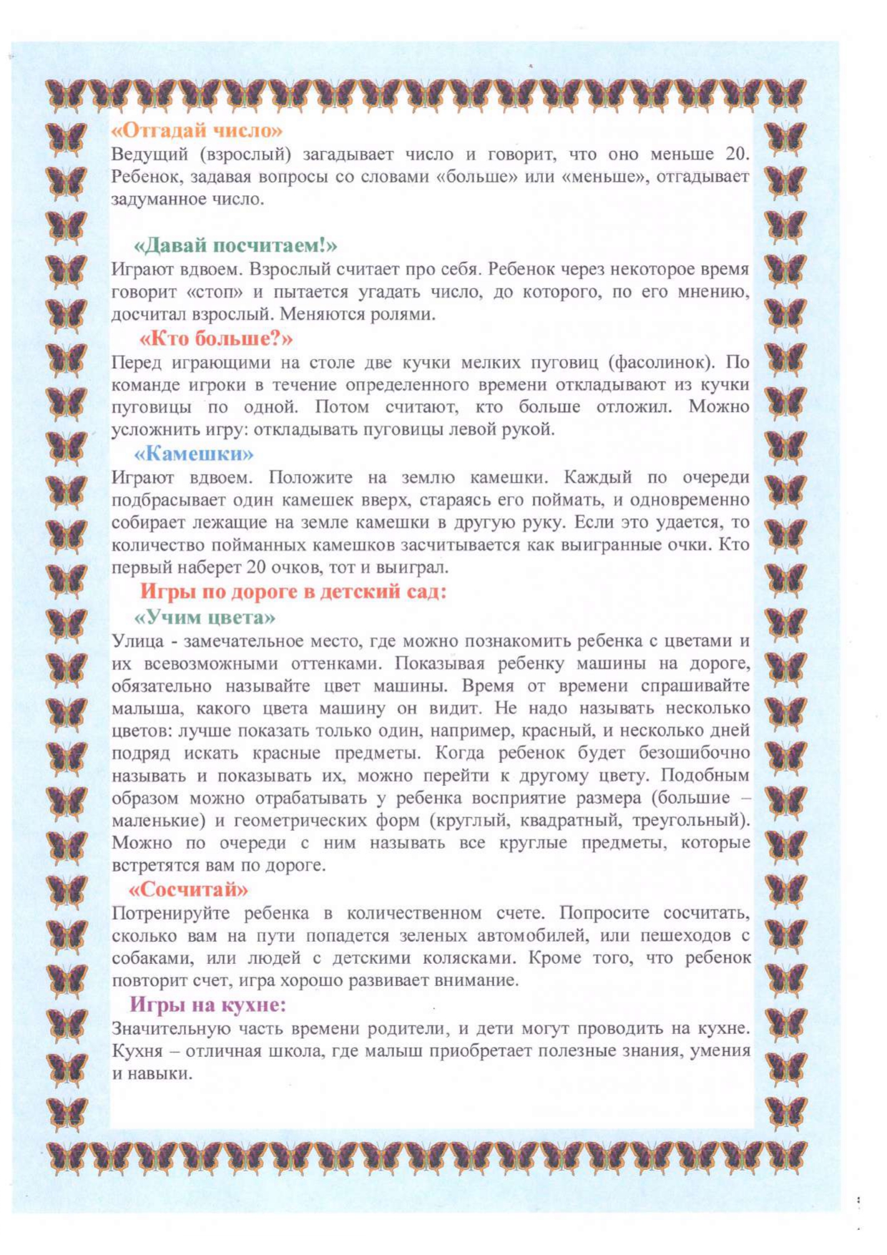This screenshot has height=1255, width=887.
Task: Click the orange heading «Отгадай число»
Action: click(197, 130)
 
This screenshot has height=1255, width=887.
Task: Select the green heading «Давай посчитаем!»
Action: click(235, 245)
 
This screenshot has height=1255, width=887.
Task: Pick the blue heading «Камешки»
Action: click(194, 453)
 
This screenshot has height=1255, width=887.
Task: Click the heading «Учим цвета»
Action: click(205, 616)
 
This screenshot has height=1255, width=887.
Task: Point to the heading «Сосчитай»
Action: click(188, 889)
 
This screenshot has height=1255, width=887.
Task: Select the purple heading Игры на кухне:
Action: click(207, 1004)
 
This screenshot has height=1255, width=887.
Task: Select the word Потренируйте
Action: click(170, 913)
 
